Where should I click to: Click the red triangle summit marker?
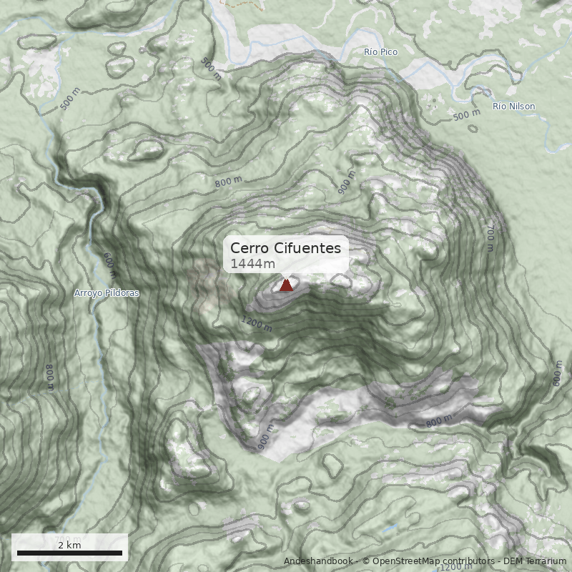pos(286,285)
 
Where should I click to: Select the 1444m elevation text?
pos(252,265)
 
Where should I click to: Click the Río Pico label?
pos(380,52)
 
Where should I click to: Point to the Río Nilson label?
pos(513,107)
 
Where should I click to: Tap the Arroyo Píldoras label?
pos(107,293)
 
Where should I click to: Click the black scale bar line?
pos(69,553)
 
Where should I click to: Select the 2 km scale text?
pos(69,545)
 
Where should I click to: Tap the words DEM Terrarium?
pos(535,561)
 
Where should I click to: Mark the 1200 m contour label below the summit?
pos(257,324)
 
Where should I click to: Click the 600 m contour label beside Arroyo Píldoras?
pos(109,265)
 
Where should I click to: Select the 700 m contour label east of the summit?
pos(490,240)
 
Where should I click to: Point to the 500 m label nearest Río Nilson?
pos(466,114)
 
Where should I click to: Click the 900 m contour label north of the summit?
pos(346,183)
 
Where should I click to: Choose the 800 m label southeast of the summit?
pos(439,422)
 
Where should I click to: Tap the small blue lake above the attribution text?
pos(390,528)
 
